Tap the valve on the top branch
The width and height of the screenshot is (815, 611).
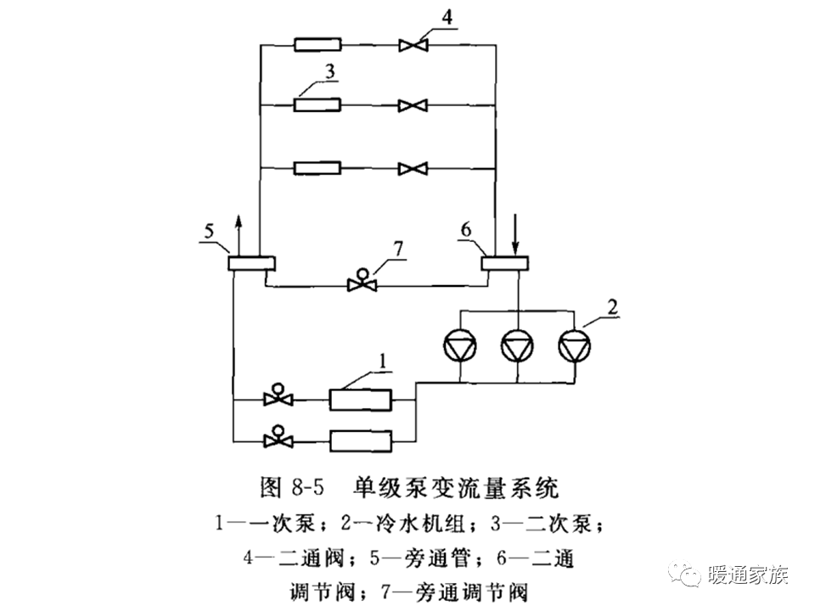(x=415, y=44)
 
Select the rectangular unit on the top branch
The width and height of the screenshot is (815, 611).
(x=318, y=44)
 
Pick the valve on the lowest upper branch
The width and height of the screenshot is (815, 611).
(x=415, y=169)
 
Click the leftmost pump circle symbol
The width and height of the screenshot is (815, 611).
(x=460, y=345)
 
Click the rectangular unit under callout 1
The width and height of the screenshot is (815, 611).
(x=360, y=397)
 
